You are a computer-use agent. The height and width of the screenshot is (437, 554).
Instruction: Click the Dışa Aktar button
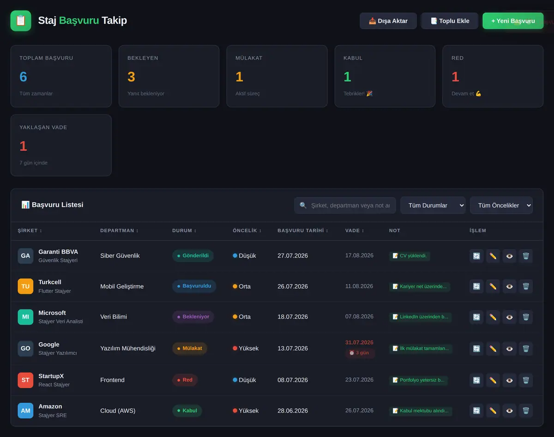(388, 21)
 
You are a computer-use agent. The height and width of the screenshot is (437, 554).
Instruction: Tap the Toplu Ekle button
(450, 21)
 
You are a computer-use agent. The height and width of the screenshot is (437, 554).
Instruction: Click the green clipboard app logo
(21, 21)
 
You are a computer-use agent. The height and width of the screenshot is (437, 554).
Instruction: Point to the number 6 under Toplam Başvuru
(23, 77)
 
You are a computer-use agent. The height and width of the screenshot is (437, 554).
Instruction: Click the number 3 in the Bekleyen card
(131, 77)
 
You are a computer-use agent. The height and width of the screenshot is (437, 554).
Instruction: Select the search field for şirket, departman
(345, 206)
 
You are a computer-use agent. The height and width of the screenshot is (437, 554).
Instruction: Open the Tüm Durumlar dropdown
(433, 206)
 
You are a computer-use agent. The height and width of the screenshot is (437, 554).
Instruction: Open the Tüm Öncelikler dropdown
(501, 206)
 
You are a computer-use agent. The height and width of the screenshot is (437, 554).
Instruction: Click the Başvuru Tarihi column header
(302, 231)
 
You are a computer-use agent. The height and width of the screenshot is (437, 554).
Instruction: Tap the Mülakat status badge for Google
(189, 348)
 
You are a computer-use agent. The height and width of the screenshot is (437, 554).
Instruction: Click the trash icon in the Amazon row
(526, 411)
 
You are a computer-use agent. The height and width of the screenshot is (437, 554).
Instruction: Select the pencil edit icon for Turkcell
(493, 286)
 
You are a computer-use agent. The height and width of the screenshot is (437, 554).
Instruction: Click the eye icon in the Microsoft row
(509, 317)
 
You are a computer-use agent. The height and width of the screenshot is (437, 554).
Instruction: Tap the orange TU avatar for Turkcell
(25, 286)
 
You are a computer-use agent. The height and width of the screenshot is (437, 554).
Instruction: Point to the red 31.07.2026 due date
(359, 342)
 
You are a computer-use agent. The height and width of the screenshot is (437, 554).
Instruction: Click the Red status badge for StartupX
(185, 380)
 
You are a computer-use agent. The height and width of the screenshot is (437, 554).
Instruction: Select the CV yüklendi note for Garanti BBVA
(409, 255)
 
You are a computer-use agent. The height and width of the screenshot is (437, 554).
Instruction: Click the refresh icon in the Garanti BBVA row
(476, 256)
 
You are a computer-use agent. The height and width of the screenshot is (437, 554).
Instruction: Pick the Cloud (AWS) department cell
(118, 411)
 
